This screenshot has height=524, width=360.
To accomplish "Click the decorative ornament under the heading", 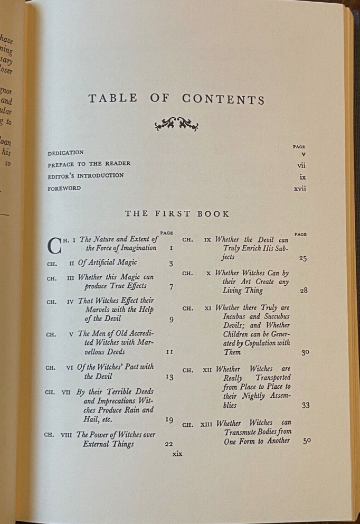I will pyautogui.click(x=176, y=125).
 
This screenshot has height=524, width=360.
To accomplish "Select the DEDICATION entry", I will pyautogui.click(x=65, y=153).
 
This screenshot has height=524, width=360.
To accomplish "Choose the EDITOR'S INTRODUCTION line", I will pyautogui.click(x=85, y=175).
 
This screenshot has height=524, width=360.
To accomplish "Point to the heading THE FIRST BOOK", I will pyautogui.click(x=177, y=214).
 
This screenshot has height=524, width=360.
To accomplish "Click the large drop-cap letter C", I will pyautogui.click(x=55, y=246).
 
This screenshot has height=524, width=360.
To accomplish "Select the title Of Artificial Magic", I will pyautogui.click(x=107, y=263).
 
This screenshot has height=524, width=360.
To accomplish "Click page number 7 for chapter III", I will pyautogui.click(x=171, y=288).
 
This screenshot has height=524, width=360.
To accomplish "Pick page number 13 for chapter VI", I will pyautogui.click(x=169, y=377).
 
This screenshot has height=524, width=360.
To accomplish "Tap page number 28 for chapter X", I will pyautogui.click(x=305, y=291).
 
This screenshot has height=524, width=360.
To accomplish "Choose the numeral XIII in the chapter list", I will pyautogui.click(x=206, y=423).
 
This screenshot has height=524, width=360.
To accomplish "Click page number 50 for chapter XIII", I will pyautogui.click(x=306, y=441).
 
